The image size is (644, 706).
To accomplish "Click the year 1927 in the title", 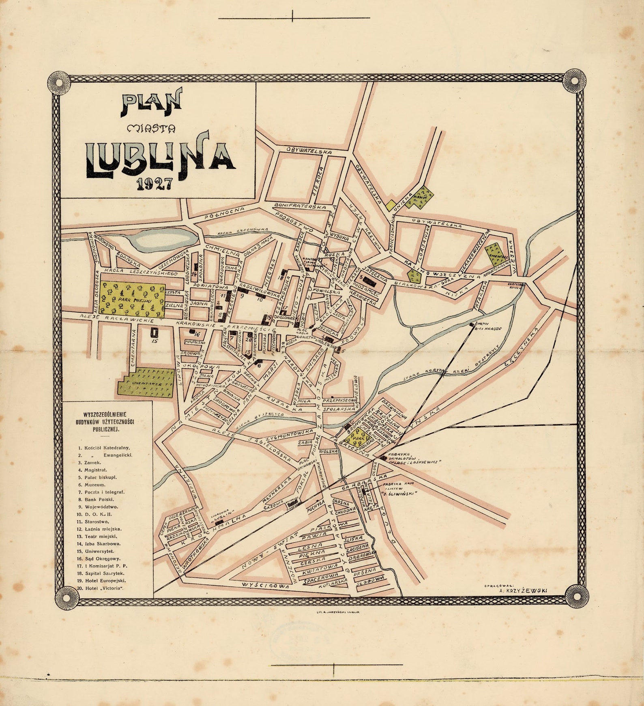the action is pos(154,184).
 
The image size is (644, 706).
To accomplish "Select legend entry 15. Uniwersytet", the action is pos(99,551).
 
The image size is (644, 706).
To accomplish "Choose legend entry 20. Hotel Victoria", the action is pos(103,588).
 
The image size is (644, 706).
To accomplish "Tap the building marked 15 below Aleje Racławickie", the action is pos(154,332).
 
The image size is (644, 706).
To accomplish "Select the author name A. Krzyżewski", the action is pos(523,590).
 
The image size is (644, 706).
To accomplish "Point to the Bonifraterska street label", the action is pos(301,206).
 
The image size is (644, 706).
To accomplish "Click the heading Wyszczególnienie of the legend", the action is pos(105,414).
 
